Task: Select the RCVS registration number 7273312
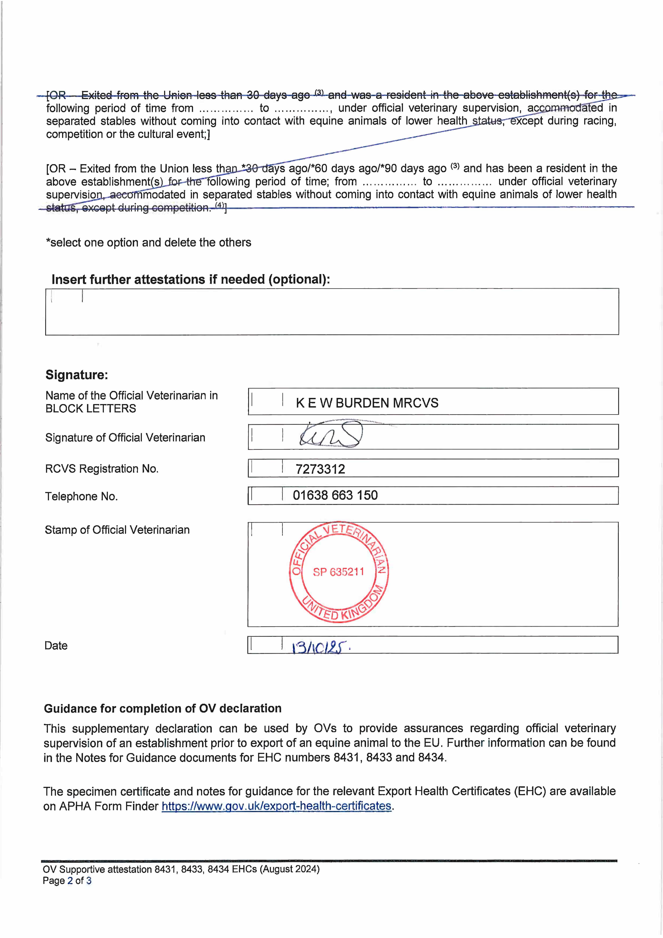point(320,469)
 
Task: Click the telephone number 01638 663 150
point(335,495)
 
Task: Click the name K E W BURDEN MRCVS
point(367,403)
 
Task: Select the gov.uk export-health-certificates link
point(277,806)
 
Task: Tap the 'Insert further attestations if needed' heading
point(190,280)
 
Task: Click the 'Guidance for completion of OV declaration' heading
point(163,708)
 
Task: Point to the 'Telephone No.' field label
point(81,496)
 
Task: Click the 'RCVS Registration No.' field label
point(102,469)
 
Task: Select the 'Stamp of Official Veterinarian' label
point(117,530)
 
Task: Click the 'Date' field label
point(56,646)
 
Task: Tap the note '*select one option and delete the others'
point(149,243)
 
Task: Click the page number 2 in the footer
point(70,880)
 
